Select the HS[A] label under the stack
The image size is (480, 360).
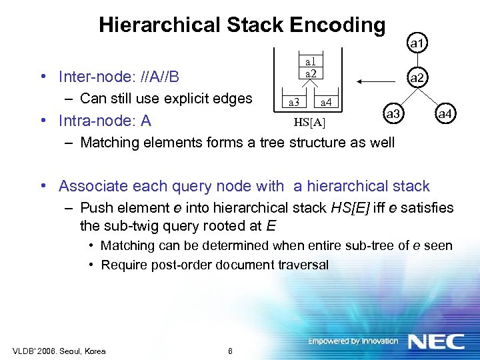(x=309, y=122)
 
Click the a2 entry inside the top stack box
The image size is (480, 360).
(x=309, y=73)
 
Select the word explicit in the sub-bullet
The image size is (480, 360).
(x=186, y=99)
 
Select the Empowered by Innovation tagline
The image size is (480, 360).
(x=353, y=341)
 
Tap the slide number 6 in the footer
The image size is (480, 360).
(x=230, y=351)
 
